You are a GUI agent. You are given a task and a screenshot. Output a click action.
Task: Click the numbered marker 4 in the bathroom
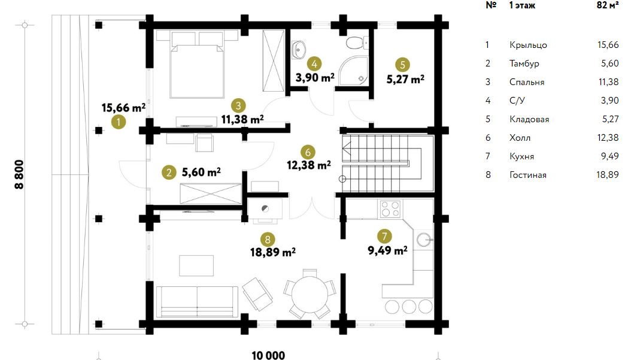click(x=314, y=63)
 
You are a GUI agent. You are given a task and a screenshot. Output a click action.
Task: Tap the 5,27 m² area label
click(x=405, y=79)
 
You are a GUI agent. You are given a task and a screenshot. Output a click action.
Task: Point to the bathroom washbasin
click(x=298, y=50)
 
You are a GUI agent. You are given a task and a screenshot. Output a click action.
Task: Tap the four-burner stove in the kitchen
click(x=390, y=209)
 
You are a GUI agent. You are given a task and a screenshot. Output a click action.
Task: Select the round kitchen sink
click(x=424, y=240)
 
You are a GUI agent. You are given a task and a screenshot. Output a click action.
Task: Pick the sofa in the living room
click(x=196, y=302)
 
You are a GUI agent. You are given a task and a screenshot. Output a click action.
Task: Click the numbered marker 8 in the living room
click(x=268, y=240)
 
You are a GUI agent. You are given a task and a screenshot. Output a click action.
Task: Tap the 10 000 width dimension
click(x=268, y=355)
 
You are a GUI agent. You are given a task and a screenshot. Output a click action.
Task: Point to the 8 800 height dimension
click(x=19, y=174)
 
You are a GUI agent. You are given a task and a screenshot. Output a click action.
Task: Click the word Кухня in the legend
click(x=521, y=156)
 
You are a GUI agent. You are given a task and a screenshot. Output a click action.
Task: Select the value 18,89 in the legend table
click(x=608, y=175)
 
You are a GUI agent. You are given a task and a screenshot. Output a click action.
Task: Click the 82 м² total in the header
click(x=608, y=5)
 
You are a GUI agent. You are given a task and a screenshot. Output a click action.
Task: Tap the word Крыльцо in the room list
click(x=528, y=45)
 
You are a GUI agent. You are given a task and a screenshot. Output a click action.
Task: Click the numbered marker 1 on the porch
click(x=118, y=122)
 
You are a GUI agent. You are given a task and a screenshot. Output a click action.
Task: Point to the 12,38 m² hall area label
click(x=309, y=165)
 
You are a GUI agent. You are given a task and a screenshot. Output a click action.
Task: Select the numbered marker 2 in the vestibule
click(x=169, y=173)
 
